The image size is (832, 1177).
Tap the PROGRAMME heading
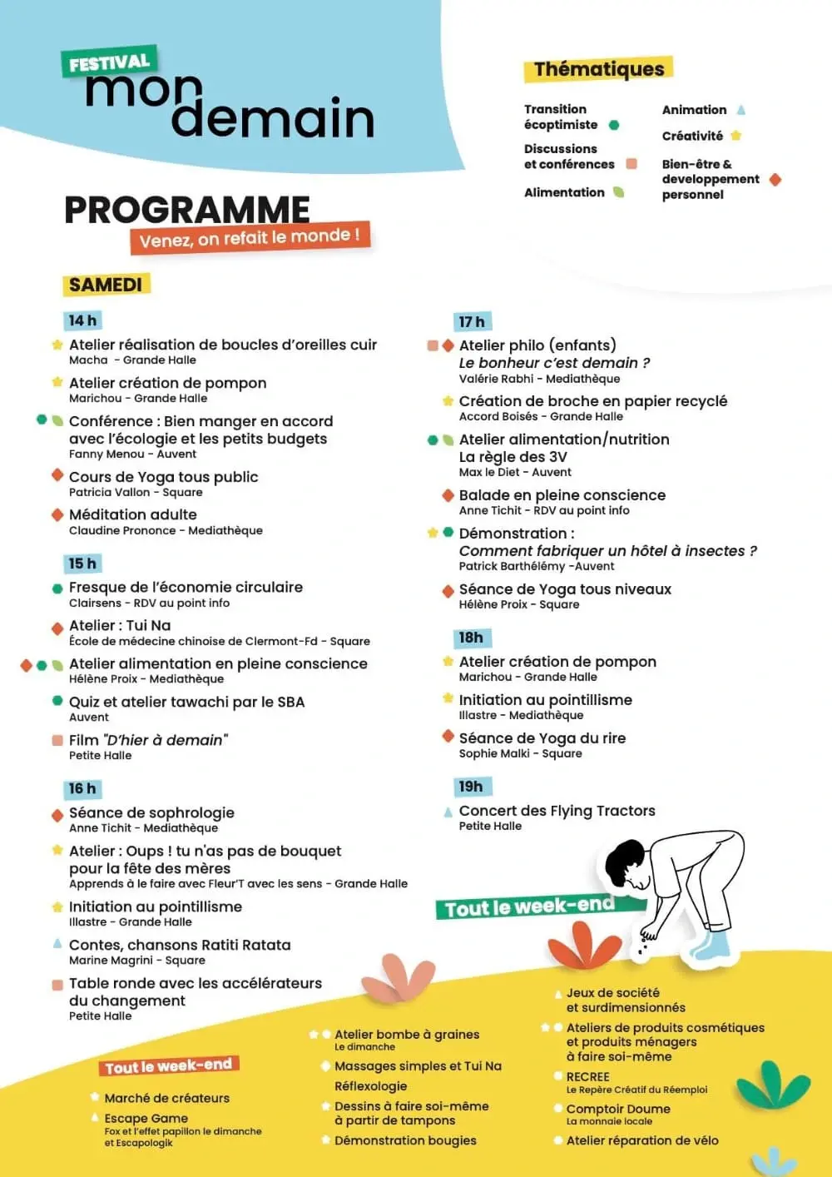point(187,210)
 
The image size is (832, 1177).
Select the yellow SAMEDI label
point(106,285)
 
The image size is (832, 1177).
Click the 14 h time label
point(82,320)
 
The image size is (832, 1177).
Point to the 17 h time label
point(472,322)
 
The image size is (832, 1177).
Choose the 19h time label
point(471,787)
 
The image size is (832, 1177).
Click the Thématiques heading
point(599,69)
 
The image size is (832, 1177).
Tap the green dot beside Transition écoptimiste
point(614,125)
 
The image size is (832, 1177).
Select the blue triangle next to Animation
point(740,110)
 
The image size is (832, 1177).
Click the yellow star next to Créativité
point(735,136)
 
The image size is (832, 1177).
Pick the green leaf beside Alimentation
point(618,192)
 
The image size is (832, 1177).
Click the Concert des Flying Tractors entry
point(557,811)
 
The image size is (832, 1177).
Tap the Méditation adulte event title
point(133,514)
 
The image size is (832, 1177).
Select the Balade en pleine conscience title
point(562,495)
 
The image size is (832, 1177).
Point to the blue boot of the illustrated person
point(708,945)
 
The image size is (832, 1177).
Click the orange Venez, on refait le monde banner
point(250,238)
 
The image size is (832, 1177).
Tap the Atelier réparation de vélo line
point(642,1140)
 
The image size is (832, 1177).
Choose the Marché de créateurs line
point(166,1098)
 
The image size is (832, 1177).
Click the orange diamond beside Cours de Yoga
point(57,475)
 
